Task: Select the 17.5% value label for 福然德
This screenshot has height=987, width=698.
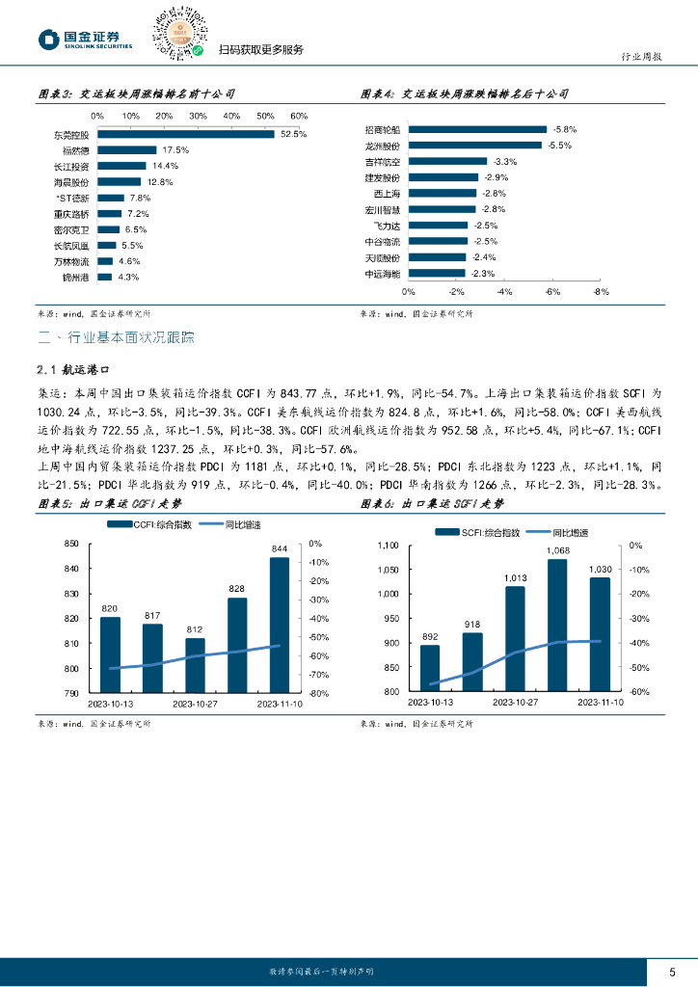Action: (x=174, y=150)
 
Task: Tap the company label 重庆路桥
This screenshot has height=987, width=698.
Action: (x=71, y=213)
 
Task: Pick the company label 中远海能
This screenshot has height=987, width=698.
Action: (x=382, y=274)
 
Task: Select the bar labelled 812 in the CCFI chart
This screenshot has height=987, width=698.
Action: (x=195, y=665)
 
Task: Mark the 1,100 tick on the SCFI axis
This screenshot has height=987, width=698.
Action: (x=386, y=546)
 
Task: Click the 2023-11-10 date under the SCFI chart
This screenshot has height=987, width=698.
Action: (x=600, y=703)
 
